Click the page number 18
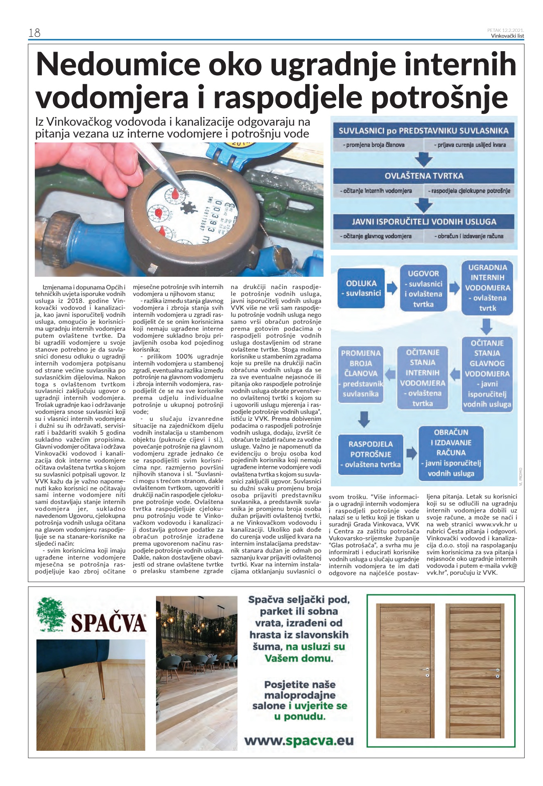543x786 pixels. (34, 33)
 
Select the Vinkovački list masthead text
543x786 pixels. (507, 36)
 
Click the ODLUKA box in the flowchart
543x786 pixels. (361, 288)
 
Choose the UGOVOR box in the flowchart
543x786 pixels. (423, 288)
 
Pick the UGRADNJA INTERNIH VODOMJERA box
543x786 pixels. (487, 287)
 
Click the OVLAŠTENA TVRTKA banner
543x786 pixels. (423, 176)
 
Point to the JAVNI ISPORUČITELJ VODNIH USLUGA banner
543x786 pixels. (423, 222)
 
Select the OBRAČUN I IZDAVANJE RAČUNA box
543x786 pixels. (451, 453)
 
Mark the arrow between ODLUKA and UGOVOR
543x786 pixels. (392, 288)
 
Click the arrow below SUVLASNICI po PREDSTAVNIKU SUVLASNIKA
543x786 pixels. (423, 159)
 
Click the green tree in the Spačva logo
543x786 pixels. (51, 614)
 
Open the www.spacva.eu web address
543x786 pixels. (299, 741)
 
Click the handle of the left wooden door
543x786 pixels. (425, 670)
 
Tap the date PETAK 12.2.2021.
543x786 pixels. (505, 30)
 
